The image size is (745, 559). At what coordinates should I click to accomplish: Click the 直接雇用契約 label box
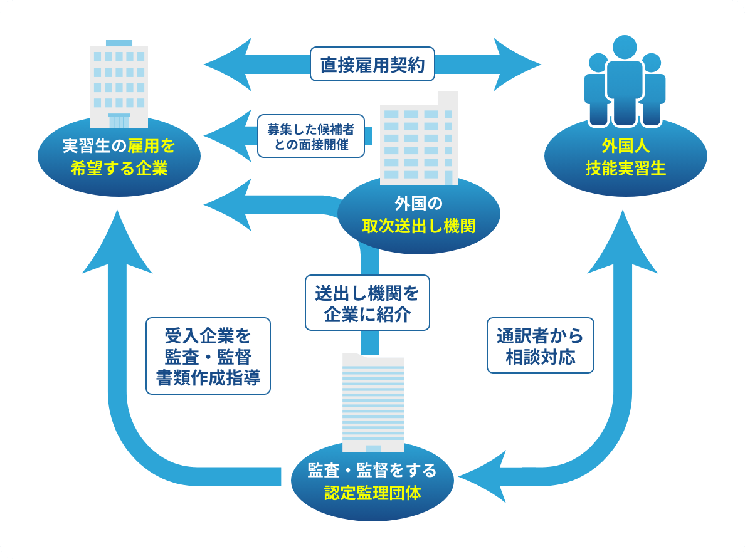click(x=372, y=65)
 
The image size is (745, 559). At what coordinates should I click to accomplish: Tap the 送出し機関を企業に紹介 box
click(x=367, y=303)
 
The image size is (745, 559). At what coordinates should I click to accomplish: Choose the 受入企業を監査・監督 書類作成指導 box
click(x=208, y=356)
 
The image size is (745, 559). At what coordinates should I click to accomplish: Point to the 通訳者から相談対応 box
click(x=540, y=345)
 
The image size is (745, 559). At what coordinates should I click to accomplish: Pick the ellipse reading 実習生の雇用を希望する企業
click(x=119, y=157)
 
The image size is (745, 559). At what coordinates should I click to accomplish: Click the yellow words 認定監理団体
click(x=372, y=493)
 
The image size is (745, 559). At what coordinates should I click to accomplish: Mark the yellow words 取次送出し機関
click(x=418, y=226)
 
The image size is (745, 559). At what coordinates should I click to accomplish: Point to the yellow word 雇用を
click(x=151, y=146)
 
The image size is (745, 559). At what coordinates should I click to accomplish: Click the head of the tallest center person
click(x=625, y=48)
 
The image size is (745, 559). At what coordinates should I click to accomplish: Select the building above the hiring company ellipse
click(x=119, y=84)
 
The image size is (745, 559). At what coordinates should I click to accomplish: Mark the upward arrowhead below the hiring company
click(x=117, y=244)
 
